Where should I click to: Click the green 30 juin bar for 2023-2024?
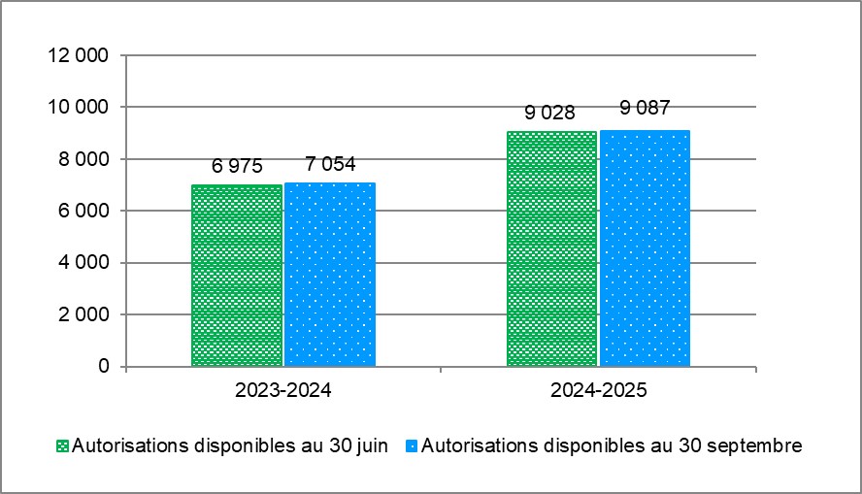[x=237, y=276]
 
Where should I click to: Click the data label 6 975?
[x=237, y=166]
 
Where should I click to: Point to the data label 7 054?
[x=330, y=164]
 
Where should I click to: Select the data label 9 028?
[x=551, y=113]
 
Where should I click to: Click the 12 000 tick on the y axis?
[x=76, y=55]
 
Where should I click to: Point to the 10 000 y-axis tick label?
[x=76, y=107]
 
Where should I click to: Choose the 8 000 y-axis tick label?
[x=81, y=159]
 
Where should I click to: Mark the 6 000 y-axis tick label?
[x=81, y=211]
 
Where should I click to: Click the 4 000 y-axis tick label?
[x=81, y=263]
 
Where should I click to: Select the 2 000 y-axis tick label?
[x=81, y=314]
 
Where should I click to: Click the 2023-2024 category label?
[x=282, y=392]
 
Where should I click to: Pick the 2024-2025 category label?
[x=598, y=392]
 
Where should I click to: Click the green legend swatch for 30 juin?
[x=63, y=446]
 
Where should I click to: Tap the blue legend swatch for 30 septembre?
[x=412, y=446]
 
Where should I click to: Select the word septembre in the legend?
[x=754, y=446]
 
